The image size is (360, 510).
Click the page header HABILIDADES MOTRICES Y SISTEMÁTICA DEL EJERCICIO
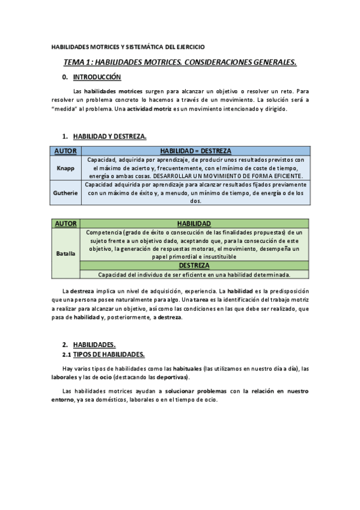(128, 46)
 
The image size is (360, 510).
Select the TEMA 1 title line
(180, 62)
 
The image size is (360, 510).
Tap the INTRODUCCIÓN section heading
(97, 78)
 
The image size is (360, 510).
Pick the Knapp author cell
(65, 168)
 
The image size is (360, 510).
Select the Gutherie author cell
(65, 193)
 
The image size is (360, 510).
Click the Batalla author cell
(65, 253)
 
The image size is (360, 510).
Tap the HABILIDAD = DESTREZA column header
(195, 151)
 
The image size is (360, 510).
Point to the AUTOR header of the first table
(65, 151)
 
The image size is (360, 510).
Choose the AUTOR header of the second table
(65, 223)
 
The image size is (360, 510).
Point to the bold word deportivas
(172, 377)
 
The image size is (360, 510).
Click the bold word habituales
(182, 368)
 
